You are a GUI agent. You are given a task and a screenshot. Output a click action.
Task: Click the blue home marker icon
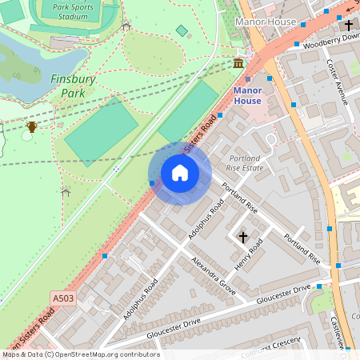(x=180, y=173)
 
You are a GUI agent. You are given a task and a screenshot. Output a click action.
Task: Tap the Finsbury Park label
(x=74, y=86)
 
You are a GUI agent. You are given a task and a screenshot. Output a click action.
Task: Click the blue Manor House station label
(x=247, y=96)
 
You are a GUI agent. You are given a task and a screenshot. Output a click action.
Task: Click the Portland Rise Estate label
(x=246, y=163)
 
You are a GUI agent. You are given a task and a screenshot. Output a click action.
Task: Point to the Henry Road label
(x=248, y=258)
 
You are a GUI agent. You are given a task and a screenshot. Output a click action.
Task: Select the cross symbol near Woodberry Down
(x=349, y=26)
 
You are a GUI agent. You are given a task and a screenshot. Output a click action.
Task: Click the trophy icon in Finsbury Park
(x=31, y=126)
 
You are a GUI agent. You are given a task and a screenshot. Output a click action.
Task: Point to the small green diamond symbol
(x=182, y=30)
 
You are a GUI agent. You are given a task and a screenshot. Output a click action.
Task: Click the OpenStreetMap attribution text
(x=80, y=354)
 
